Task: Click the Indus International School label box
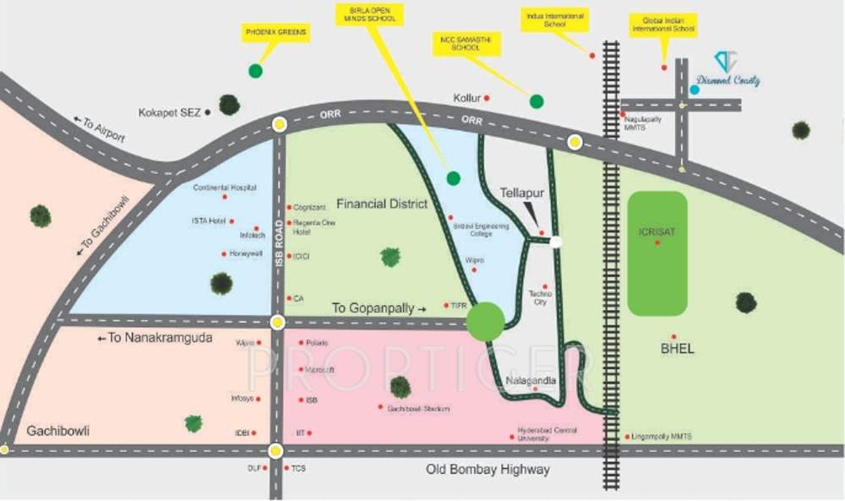554,20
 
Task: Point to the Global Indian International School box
662,25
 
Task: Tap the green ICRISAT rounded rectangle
657,252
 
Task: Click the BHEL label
677,348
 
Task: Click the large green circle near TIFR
486,322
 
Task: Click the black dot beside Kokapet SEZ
208,112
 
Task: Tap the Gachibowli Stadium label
418,409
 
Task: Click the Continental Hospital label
224,188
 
